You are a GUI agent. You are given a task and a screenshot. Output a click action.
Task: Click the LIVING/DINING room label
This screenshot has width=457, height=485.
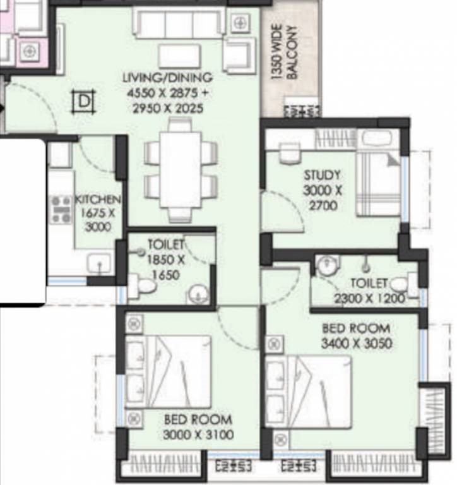168,77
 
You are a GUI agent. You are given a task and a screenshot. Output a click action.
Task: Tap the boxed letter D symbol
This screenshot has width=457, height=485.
83,101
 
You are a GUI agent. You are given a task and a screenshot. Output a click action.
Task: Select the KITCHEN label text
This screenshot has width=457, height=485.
98,199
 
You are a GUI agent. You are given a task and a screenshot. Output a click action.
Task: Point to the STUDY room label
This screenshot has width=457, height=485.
322,175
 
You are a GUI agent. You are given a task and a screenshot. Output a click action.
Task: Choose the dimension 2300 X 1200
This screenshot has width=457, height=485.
370,299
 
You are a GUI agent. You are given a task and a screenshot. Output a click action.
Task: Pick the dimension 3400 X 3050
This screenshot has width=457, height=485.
357,344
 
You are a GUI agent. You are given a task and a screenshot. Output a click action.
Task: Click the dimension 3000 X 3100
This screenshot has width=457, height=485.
198,434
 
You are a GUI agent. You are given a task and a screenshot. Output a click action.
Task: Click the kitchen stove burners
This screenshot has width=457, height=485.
61,210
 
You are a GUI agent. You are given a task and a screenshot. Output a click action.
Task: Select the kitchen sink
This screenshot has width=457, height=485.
99,263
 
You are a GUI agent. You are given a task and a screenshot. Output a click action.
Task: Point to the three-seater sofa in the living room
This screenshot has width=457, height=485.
179,23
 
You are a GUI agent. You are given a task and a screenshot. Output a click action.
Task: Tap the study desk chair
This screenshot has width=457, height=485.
290,153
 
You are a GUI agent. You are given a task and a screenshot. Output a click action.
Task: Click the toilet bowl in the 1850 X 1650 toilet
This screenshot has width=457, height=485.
143,286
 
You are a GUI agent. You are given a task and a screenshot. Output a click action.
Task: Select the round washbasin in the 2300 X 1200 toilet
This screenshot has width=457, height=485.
328,265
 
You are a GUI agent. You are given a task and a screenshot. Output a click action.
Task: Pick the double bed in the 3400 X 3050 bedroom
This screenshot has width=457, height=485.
308,392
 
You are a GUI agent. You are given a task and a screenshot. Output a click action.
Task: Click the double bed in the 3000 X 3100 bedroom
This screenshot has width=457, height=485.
168,371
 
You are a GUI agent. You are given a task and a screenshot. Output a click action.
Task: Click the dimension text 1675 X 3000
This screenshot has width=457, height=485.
98,220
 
